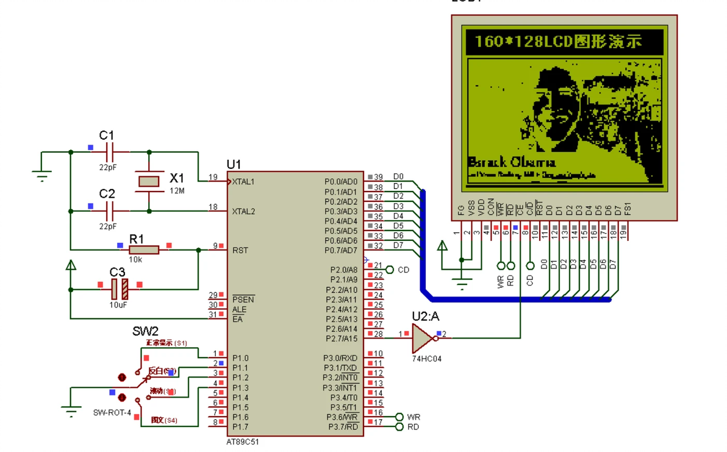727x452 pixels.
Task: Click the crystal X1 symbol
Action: click(x=149, y=181)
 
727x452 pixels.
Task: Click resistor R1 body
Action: click(x=144, y=249)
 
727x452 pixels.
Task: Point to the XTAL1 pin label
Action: click(x=243, y=182)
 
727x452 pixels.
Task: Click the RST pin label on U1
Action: click(x=240, y=250)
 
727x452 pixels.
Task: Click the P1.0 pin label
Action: click(x=240, y=358)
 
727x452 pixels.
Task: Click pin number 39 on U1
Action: click(x=378, y=178)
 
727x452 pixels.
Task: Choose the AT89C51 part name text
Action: click(x=242, y=442)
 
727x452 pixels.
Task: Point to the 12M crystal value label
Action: click(x=177, y=191)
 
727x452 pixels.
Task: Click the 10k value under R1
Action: click(x=135, y=259)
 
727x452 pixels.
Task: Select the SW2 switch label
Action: click(x=145, y=331)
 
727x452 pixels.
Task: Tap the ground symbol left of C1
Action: click(x=41, y=176)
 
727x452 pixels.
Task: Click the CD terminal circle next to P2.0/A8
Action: click(x=389, y=270)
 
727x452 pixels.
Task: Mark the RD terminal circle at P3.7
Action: click(x=399, y=426)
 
